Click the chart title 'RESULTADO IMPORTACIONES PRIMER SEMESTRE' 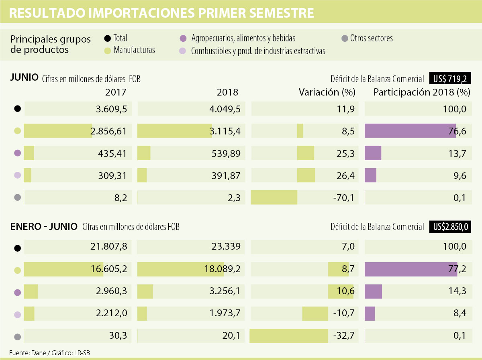[161, 13]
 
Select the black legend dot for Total [107, 39]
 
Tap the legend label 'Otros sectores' [371, 39]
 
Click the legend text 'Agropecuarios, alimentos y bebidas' [243, 39]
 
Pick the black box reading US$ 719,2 [450, 78]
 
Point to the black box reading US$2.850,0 [450, 227]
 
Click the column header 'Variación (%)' [327, 92]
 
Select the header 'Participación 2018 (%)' [421, 92]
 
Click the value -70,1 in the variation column [344, 197]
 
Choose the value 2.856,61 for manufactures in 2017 [108, 131]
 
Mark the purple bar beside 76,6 [410, 131]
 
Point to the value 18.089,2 [222, 269]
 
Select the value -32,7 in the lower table [344, 336]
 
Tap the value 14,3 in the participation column [458, 291]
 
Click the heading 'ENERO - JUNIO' [44, 227]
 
